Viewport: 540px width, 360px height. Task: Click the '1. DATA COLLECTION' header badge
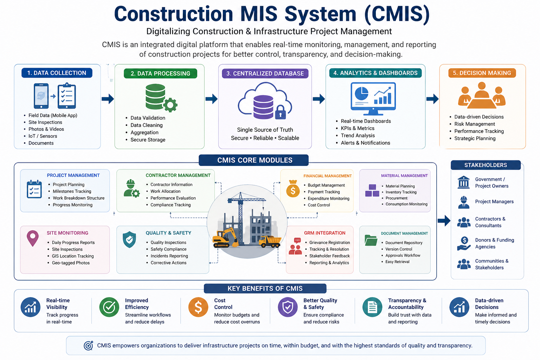[57, 73]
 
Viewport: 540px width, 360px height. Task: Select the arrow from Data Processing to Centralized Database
[212, 99]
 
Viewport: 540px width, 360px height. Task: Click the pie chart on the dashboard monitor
[361, 94]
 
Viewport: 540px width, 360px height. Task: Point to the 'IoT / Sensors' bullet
[43, 136]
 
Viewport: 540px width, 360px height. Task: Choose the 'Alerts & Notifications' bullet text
[365, 143]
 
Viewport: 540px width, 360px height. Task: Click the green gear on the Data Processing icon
[171, 104]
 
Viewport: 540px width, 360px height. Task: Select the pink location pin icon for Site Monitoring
[33, 238]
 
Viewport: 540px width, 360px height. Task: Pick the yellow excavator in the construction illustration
[225, 238]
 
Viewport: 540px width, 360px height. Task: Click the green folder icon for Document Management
[371, 240]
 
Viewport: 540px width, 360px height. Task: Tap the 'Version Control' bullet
[399, 249]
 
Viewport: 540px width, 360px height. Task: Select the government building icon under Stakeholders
[464, 182]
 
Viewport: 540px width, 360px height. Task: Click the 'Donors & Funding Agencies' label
[494, 243]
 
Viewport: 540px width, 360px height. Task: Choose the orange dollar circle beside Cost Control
[198, 307]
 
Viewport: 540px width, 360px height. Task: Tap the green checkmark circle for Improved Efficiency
[109, 307]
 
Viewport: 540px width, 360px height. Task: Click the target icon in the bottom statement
[88, 346]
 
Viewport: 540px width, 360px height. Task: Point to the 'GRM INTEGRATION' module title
[324, 233]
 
